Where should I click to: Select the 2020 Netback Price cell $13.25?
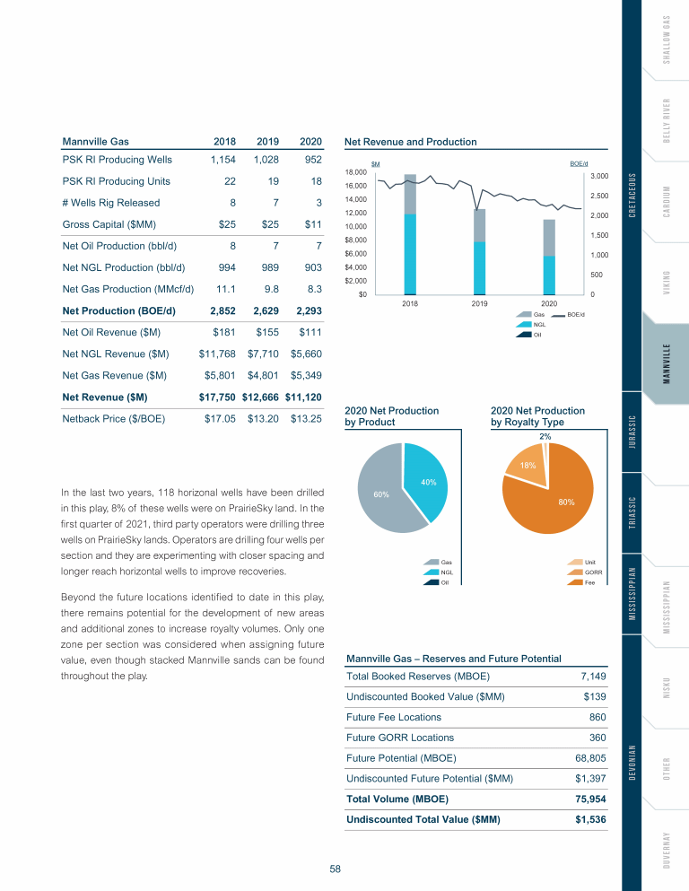(306, 417)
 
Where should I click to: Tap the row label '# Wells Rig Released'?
(111, 203)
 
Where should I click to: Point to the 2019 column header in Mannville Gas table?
(266, 142)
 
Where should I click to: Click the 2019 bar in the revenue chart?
(479, 251)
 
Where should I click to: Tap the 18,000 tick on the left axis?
(356, 170)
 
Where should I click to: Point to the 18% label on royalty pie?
(528, 466)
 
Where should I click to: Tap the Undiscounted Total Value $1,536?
(590, 818)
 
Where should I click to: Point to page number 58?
(335, 869)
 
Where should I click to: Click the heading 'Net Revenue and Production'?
(411, 142)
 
